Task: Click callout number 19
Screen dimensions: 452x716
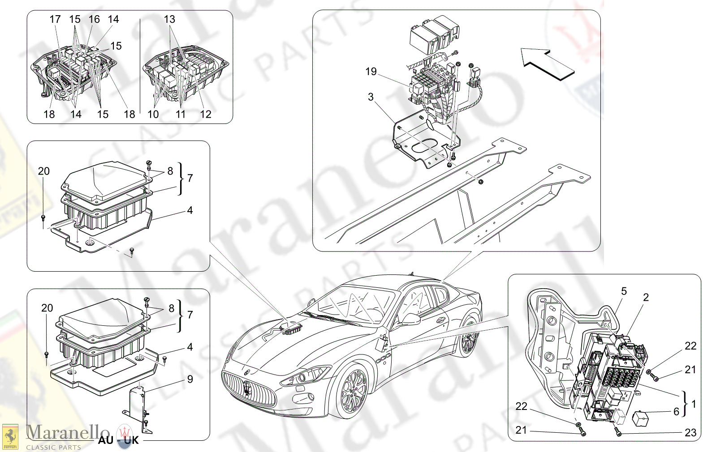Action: coord(371,72)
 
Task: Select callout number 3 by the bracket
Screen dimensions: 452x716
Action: coord(371,97)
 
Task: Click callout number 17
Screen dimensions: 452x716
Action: coord(55,19)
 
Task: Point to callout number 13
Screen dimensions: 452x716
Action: coord(169,19)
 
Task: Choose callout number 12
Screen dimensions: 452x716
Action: coord(205,114)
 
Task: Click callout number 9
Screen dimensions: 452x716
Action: coord(190,379)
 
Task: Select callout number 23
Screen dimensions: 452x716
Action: coord(690,432)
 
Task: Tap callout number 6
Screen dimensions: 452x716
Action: coord(676,412)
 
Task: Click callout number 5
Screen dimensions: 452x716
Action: coord(624,291)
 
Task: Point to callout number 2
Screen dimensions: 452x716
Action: coord(646,297)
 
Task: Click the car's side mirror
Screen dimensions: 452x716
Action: coord(410,319)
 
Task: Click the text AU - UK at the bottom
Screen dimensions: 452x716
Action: coord(119,440)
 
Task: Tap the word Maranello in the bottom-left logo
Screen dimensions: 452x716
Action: coord(68,432)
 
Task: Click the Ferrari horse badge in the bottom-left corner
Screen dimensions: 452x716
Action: coord(10,437)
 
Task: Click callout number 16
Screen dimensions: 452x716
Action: coord(94,19)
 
